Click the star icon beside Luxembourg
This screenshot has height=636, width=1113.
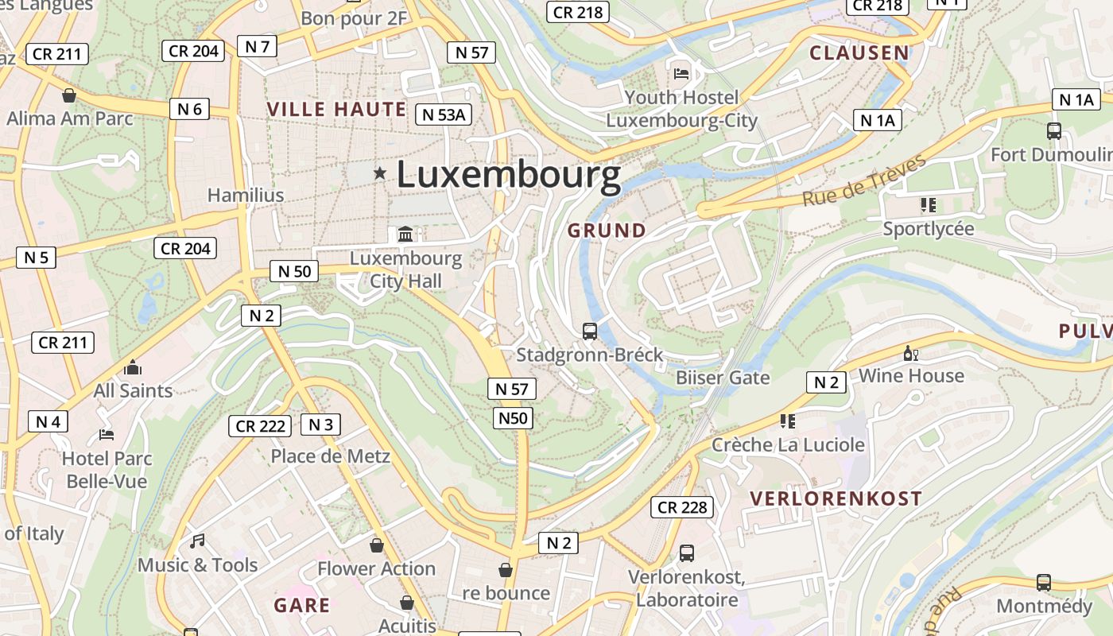tap(380, 173)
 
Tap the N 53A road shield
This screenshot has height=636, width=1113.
tap(444, 114)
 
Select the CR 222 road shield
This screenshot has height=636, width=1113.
tap(260, 426)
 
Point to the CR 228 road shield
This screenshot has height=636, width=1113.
tap(682, 507)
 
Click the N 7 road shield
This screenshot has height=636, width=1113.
tap(257, 46)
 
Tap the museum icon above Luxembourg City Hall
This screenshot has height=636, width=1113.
tap(405, 234)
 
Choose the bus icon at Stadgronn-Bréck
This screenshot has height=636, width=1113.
tap(590, 332)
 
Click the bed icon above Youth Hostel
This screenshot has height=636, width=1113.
tap(681, 74)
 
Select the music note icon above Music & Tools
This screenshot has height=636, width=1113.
tap(197, 541)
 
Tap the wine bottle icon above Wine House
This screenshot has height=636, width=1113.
tap(911, 354)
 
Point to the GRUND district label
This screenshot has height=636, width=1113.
tap(607, 231)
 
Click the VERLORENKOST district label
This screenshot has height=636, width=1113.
tap(836, 499)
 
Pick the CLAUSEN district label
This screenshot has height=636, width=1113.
tap(859, 53)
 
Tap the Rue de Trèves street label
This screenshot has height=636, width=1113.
tap(864, 180)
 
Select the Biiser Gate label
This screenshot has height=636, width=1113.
tap(723, 378)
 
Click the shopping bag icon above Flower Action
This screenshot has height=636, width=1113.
tap(377, 545)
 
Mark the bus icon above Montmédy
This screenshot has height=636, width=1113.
tap(1044, 583)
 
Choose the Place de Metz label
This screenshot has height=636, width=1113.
tap(330, 456)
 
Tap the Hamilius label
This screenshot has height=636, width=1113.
tap(246, 196)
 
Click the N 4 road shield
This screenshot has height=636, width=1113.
tap(48, 421)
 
